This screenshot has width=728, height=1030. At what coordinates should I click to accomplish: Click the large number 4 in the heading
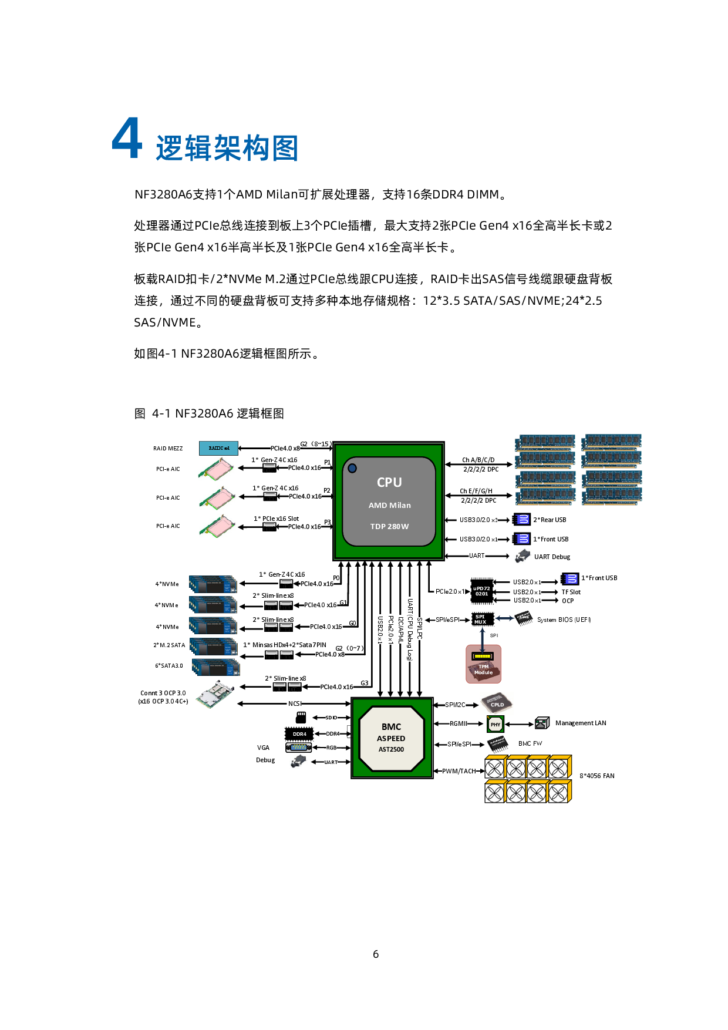pyautogui.click(x=127, y=139)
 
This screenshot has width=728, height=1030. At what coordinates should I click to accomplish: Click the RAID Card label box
pyautogui.click(x=218, y=448)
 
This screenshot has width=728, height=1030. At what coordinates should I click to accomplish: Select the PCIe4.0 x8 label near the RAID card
pyautogui.click(x=285, y=448)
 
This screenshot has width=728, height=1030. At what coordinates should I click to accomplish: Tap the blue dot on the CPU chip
pyautogui.click(x=352, y=468)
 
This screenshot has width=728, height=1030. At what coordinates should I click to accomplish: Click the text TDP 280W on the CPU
pyautogui.click(x=389, y=526)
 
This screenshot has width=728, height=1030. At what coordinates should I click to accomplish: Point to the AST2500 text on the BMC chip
pyautogui.click(x=391, y=749)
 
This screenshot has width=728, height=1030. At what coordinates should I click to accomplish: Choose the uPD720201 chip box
pyautogui.click(x=481, y=591)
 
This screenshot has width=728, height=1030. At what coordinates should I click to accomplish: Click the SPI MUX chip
pyautogui.click(x=483, y=619)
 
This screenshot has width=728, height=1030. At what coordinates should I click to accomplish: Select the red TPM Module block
pyautogui.click(x=483, y=664)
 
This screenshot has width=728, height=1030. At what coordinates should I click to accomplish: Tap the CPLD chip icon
pyautogui.click(x=496, y=703)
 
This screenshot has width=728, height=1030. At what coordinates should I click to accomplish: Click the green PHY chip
pyautogui.click(x=496, y=725)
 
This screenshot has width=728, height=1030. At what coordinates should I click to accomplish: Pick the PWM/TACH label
pyautogui.click(x=459, y=771)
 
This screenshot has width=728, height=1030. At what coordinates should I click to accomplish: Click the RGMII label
pyautogui.click(x=458, y=723)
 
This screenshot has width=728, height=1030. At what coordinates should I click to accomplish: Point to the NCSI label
pyautogui.click(x=294, y=704)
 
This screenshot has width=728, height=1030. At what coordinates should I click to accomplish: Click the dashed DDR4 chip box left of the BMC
pyautogui.click(x=299, y=734)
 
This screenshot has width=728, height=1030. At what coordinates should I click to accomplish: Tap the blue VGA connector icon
pyautogui.click(x=299, y=748)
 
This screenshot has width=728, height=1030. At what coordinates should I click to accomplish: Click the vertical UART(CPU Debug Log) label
pyautogui.click(x=410, y=629)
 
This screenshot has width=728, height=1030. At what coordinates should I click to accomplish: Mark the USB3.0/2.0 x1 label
pyautogui.click(x=478, y=539)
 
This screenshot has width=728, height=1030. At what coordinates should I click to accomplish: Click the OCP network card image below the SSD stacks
pyautogui.click(x=215, y=694)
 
